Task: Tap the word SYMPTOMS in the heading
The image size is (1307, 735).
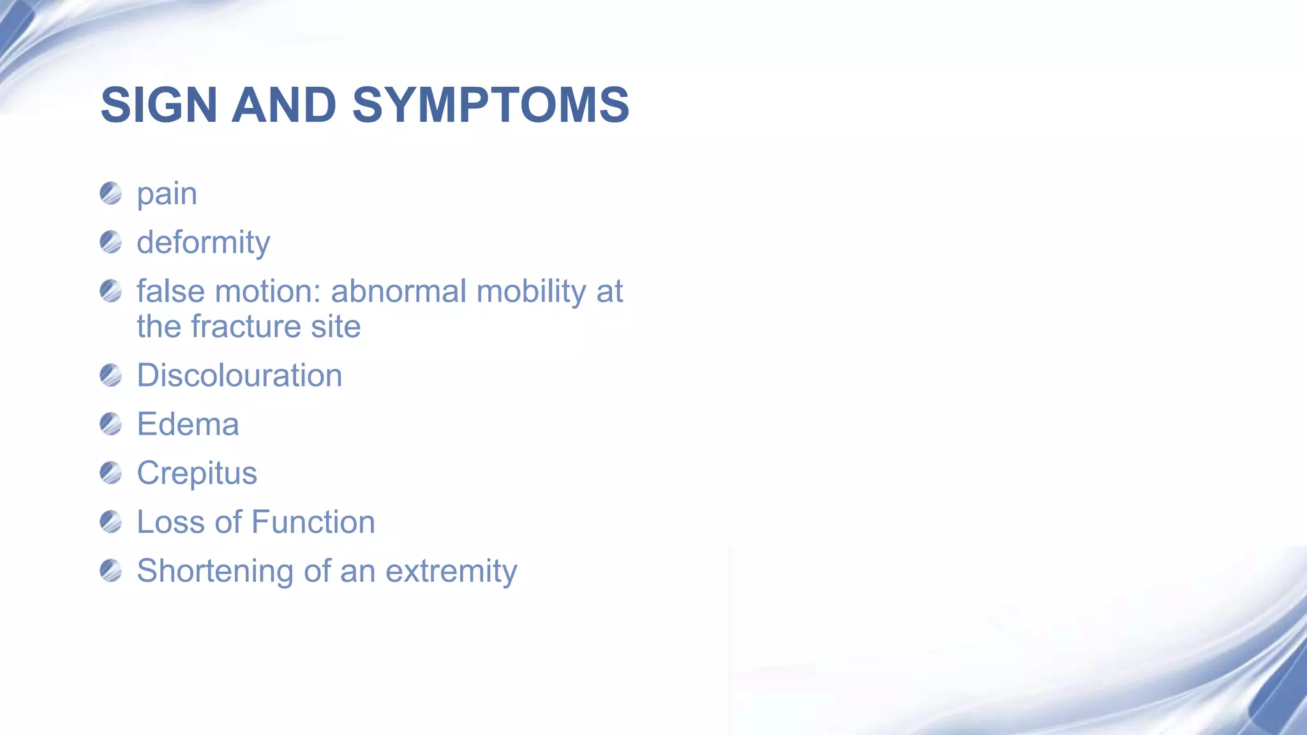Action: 490,105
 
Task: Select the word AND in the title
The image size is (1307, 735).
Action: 283,105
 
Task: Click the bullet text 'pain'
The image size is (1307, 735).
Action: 167,194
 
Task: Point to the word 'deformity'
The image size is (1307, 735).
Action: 203,243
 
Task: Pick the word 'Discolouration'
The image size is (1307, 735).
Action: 239,375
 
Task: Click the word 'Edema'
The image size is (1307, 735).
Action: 188,424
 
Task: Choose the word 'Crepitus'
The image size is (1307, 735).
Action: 197,473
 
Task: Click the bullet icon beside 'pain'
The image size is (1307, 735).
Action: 111,193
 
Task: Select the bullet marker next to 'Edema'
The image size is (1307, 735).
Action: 111,424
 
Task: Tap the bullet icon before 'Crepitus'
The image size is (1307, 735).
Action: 111,473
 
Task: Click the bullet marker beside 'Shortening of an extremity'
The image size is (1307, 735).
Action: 111,570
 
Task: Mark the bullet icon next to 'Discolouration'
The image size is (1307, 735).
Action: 111,375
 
